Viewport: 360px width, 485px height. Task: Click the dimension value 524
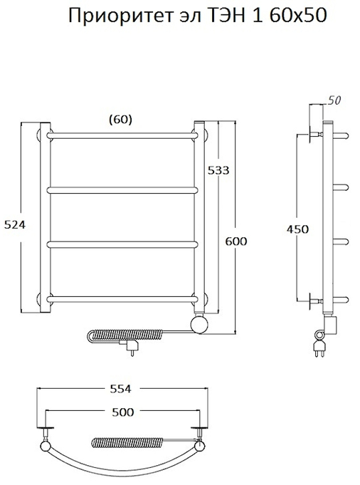coord(15,225)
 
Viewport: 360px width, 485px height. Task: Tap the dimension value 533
coord(218,170)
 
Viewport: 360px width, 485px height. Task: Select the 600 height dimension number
coord(236,241)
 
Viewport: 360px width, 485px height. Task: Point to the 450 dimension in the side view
coord(297,229)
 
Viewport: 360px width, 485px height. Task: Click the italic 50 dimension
coord(334,100)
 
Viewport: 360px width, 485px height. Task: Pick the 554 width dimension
coord(121,389)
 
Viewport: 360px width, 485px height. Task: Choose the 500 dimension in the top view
coord(123,412)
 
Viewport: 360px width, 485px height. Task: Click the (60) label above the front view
coord(121,120)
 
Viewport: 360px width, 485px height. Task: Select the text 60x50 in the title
coord(298,16)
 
